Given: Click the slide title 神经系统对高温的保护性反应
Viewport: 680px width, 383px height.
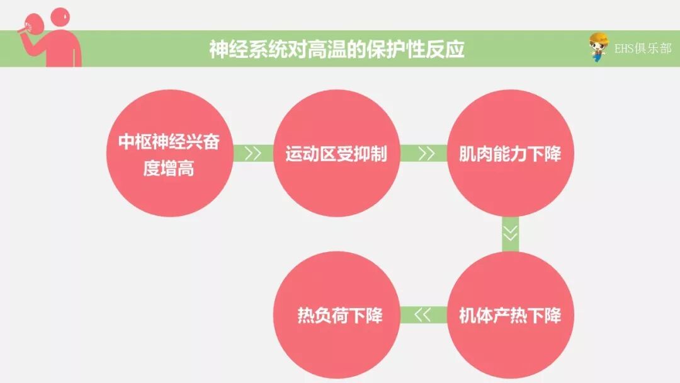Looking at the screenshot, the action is click(337, 49).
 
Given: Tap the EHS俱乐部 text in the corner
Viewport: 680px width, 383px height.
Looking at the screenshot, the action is click(643, 49).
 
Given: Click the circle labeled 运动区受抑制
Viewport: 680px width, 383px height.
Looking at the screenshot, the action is click(336, 154).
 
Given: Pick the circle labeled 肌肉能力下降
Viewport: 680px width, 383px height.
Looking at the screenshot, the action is click(509, 154).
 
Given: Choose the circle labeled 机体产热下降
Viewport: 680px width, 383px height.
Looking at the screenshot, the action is click(509, 314).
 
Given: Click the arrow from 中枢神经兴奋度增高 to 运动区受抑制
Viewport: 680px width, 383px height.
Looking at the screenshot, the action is click(253, 154).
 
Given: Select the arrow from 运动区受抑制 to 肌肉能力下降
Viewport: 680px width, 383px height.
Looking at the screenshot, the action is click(426, 154).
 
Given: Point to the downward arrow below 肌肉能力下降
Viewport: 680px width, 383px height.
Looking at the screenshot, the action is click(511, 233).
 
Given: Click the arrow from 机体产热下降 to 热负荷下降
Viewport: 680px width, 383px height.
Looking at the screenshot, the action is click(422, 314).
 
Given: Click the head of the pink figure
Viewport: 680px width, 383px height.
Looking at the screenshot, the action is click(60, 18).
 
